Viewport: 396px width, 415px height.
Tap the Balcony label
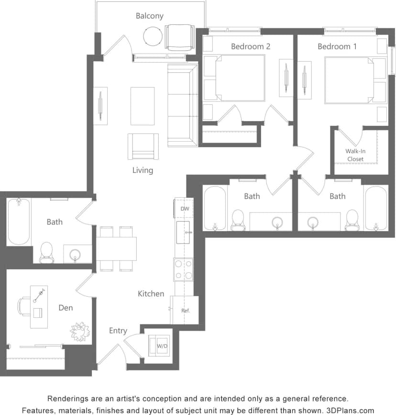point(149,16)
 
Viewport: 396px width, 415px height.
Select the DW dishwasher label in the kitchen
point(184,209)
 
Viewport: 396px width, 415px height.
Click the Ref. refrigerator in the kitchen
point(185,310)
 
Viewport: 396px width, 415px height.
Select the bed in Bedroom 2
point(240,78)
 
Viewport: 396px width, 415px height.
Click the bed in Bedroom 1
point(349,80)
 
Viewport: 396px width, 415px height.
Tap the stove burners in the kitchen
point(184,269)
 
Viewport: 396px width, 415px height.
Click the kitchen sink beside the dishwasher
point(183,233)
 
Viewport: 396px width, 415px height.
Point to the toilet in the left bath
point(46,251)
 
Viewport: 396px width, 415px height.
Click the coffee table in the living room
point(143,106)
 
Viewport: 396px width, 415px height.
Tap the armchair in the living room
point(143,146)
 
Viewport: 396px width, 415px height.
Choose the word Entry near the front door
point(118,330)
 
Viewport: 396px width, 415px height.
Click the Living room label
point(143,170)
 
